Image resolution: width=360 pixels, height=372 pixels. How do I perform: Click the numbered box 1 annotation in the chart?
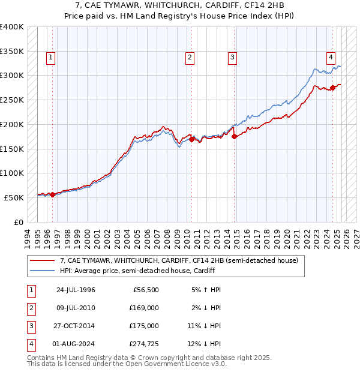pyautogui.click(x=50, y=58)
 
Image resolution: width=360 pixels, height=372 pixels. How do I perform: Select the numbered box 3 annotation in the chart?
pyautogui.click(x=232, y=58)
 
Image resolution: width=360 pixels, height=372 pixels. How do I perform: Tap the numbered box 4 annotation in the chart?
pyautogui.click(x=331, y=58)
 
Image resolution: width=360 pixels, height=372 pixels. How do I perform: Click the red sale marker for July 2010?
pyautogui.click(x=192, y=140)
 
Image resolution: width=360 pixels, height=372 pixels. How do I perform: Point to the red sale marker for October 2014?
pyautogui.click(x=235, y=136)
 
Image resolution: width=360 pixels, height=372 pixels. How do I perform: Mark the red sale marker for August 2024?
pyautogui.click(x=333, y=88)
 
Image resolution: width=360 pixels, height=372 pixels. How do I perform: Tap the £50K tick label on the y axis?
pyautogui.click(x=14, y=197)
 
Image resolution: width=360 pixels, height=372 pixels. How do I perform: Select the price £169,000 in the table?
pyautogui.click(x=144, y=308)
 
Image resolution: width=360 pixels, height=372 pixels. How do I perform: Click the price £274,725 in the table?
pyautogui.click(x=144, y=344)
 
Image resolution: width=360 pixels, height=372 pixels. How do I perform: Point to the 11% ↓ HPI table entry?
pyautogui.click(x=204, y=326)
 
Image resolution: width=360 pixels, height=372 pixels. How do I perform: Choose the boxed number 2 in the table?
pyautogui.click(x=29, y=308)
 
